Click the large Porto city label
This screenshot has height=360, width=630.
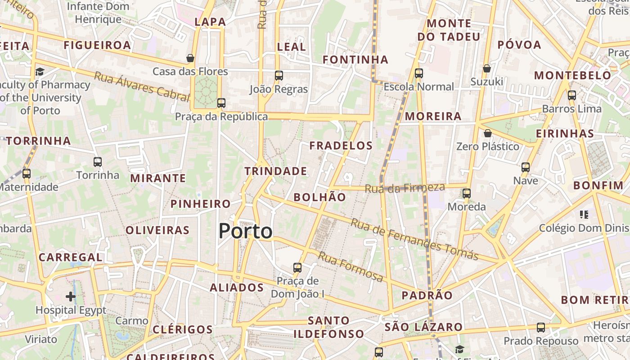[245, 231]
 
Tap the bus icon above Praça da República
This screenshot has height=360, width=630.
[221, 103]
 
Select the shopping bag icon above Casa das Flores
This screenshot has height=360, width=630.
[190, 58]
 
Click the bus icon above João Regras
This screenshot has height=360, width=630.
[279, 75]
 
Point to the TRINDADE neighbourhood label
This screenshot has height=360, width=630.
[275, 171]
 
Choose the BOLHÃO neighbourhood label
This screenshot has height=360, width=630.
[319, 197]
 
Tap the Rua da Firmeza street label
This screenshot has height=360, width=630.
[405, 188]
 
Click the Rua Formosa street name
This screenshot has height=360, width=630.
[351, 267]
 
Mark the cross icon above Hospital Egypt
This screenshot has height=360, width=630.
[71, 296]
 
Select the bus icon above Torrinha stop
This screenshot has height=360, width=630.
[98, 162]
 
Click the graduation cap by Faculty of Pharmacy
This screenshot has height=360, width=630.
[40, 72]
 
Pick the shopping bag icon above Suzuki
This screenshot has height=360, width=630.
[486, 68]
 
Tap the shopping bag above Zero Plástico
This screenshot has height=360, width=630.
[487, 133]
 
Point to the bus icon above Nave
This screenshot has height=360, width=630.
[525, 167]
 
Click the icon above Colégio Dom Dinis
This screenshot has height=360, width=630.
[584, 215]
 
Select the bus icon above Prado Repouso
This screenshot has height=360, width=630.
[540, 327]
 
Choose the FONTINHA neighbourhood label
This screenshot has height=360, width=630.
[355, 59]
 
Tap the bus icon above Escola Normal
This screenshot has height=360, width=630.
[419, 73]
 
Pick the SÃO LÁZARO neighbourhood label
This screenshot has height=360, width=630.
[423, 327]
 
